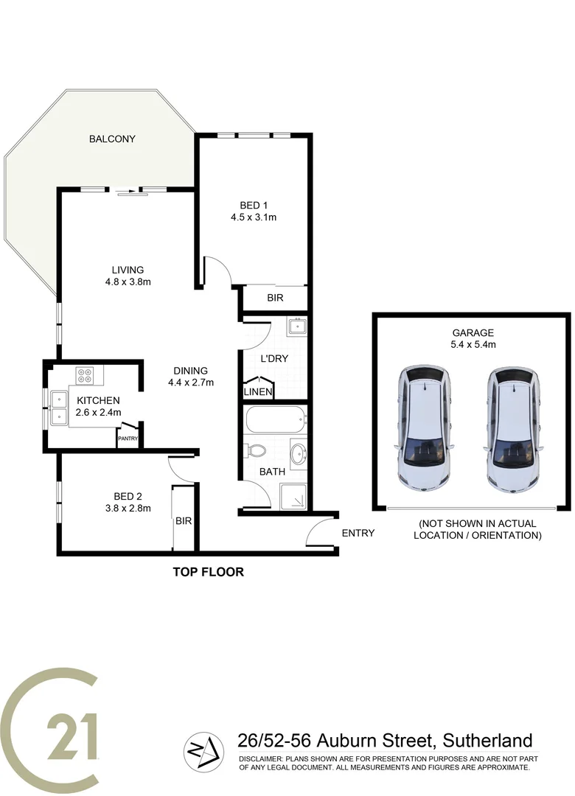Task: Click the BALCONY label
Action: coord(112,139)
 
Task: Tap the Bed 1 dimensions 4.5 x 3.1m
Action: coord(253,217)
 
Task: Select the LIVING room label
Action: coord(123,270)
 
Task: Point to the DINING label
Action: coord(190,371)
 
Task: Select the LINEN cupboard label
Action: coord(258,391)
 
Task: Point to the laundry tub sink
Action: coord(297,326)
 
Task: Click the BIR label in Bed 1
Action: coord(274,298)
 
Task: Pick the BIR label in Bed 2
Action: coord(184,520)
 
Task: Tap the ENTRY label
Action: coord(358,533)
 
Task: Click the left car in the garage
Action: coord(425,429)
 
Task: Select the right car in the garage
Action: coord(512,429)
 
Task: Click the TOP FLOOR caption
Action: coord(208,571)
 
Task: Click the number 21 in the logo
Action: coord(74,736)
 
